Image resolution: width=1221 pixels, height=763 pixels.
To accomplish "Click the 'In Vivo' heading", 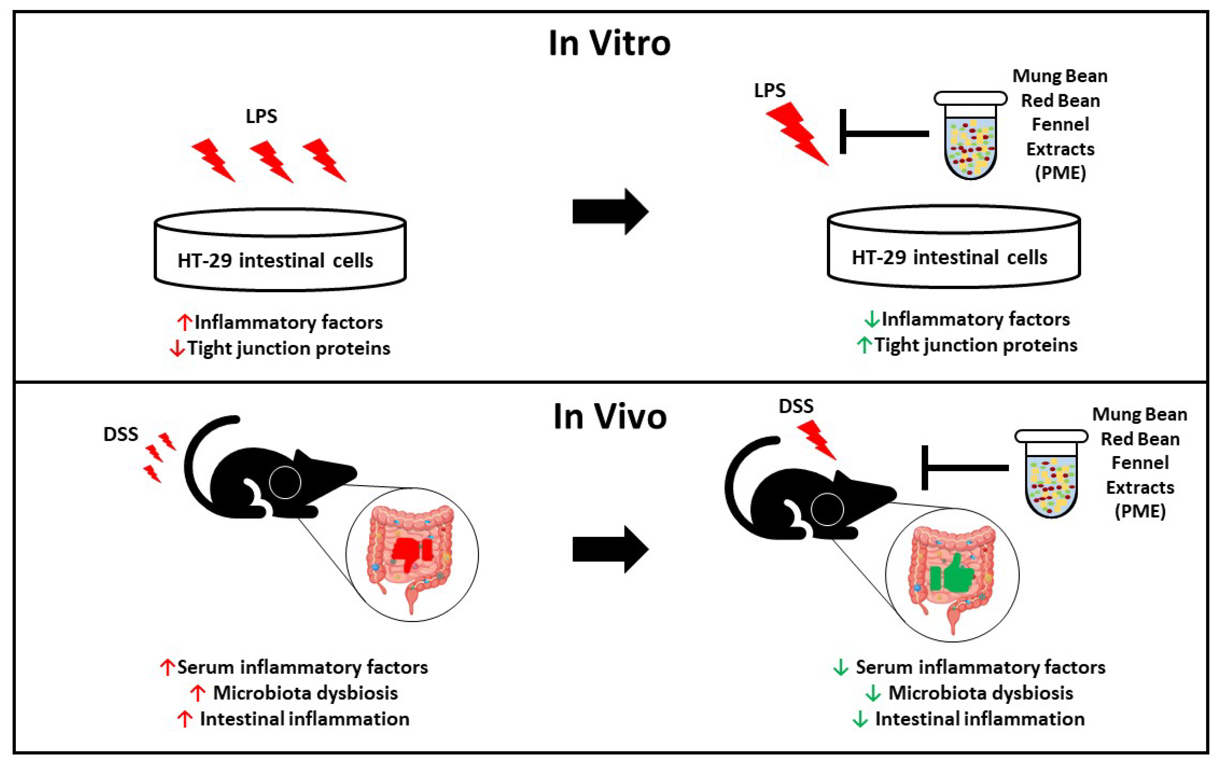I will coord(610,417).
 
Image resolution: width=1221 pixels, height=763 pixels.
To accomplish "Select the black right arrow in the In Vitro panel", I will coord(610,212).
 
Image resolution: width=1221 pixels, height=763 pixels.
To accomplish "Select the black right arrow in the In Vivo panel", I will coord(610,549).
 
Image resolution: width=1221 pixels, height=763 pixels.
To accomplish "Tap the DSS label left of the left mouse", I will coord(121,435).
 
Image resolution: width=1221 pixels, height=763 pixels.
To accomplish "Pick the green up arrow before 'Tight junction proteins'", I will coord(864,345).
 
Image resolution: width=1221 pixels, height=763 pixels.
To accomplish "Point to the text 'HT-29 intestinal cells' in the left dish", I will coord(275,261).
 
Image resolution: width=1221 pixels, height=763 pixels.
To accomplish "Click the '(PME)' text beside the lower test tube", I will coord(1140,511).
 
